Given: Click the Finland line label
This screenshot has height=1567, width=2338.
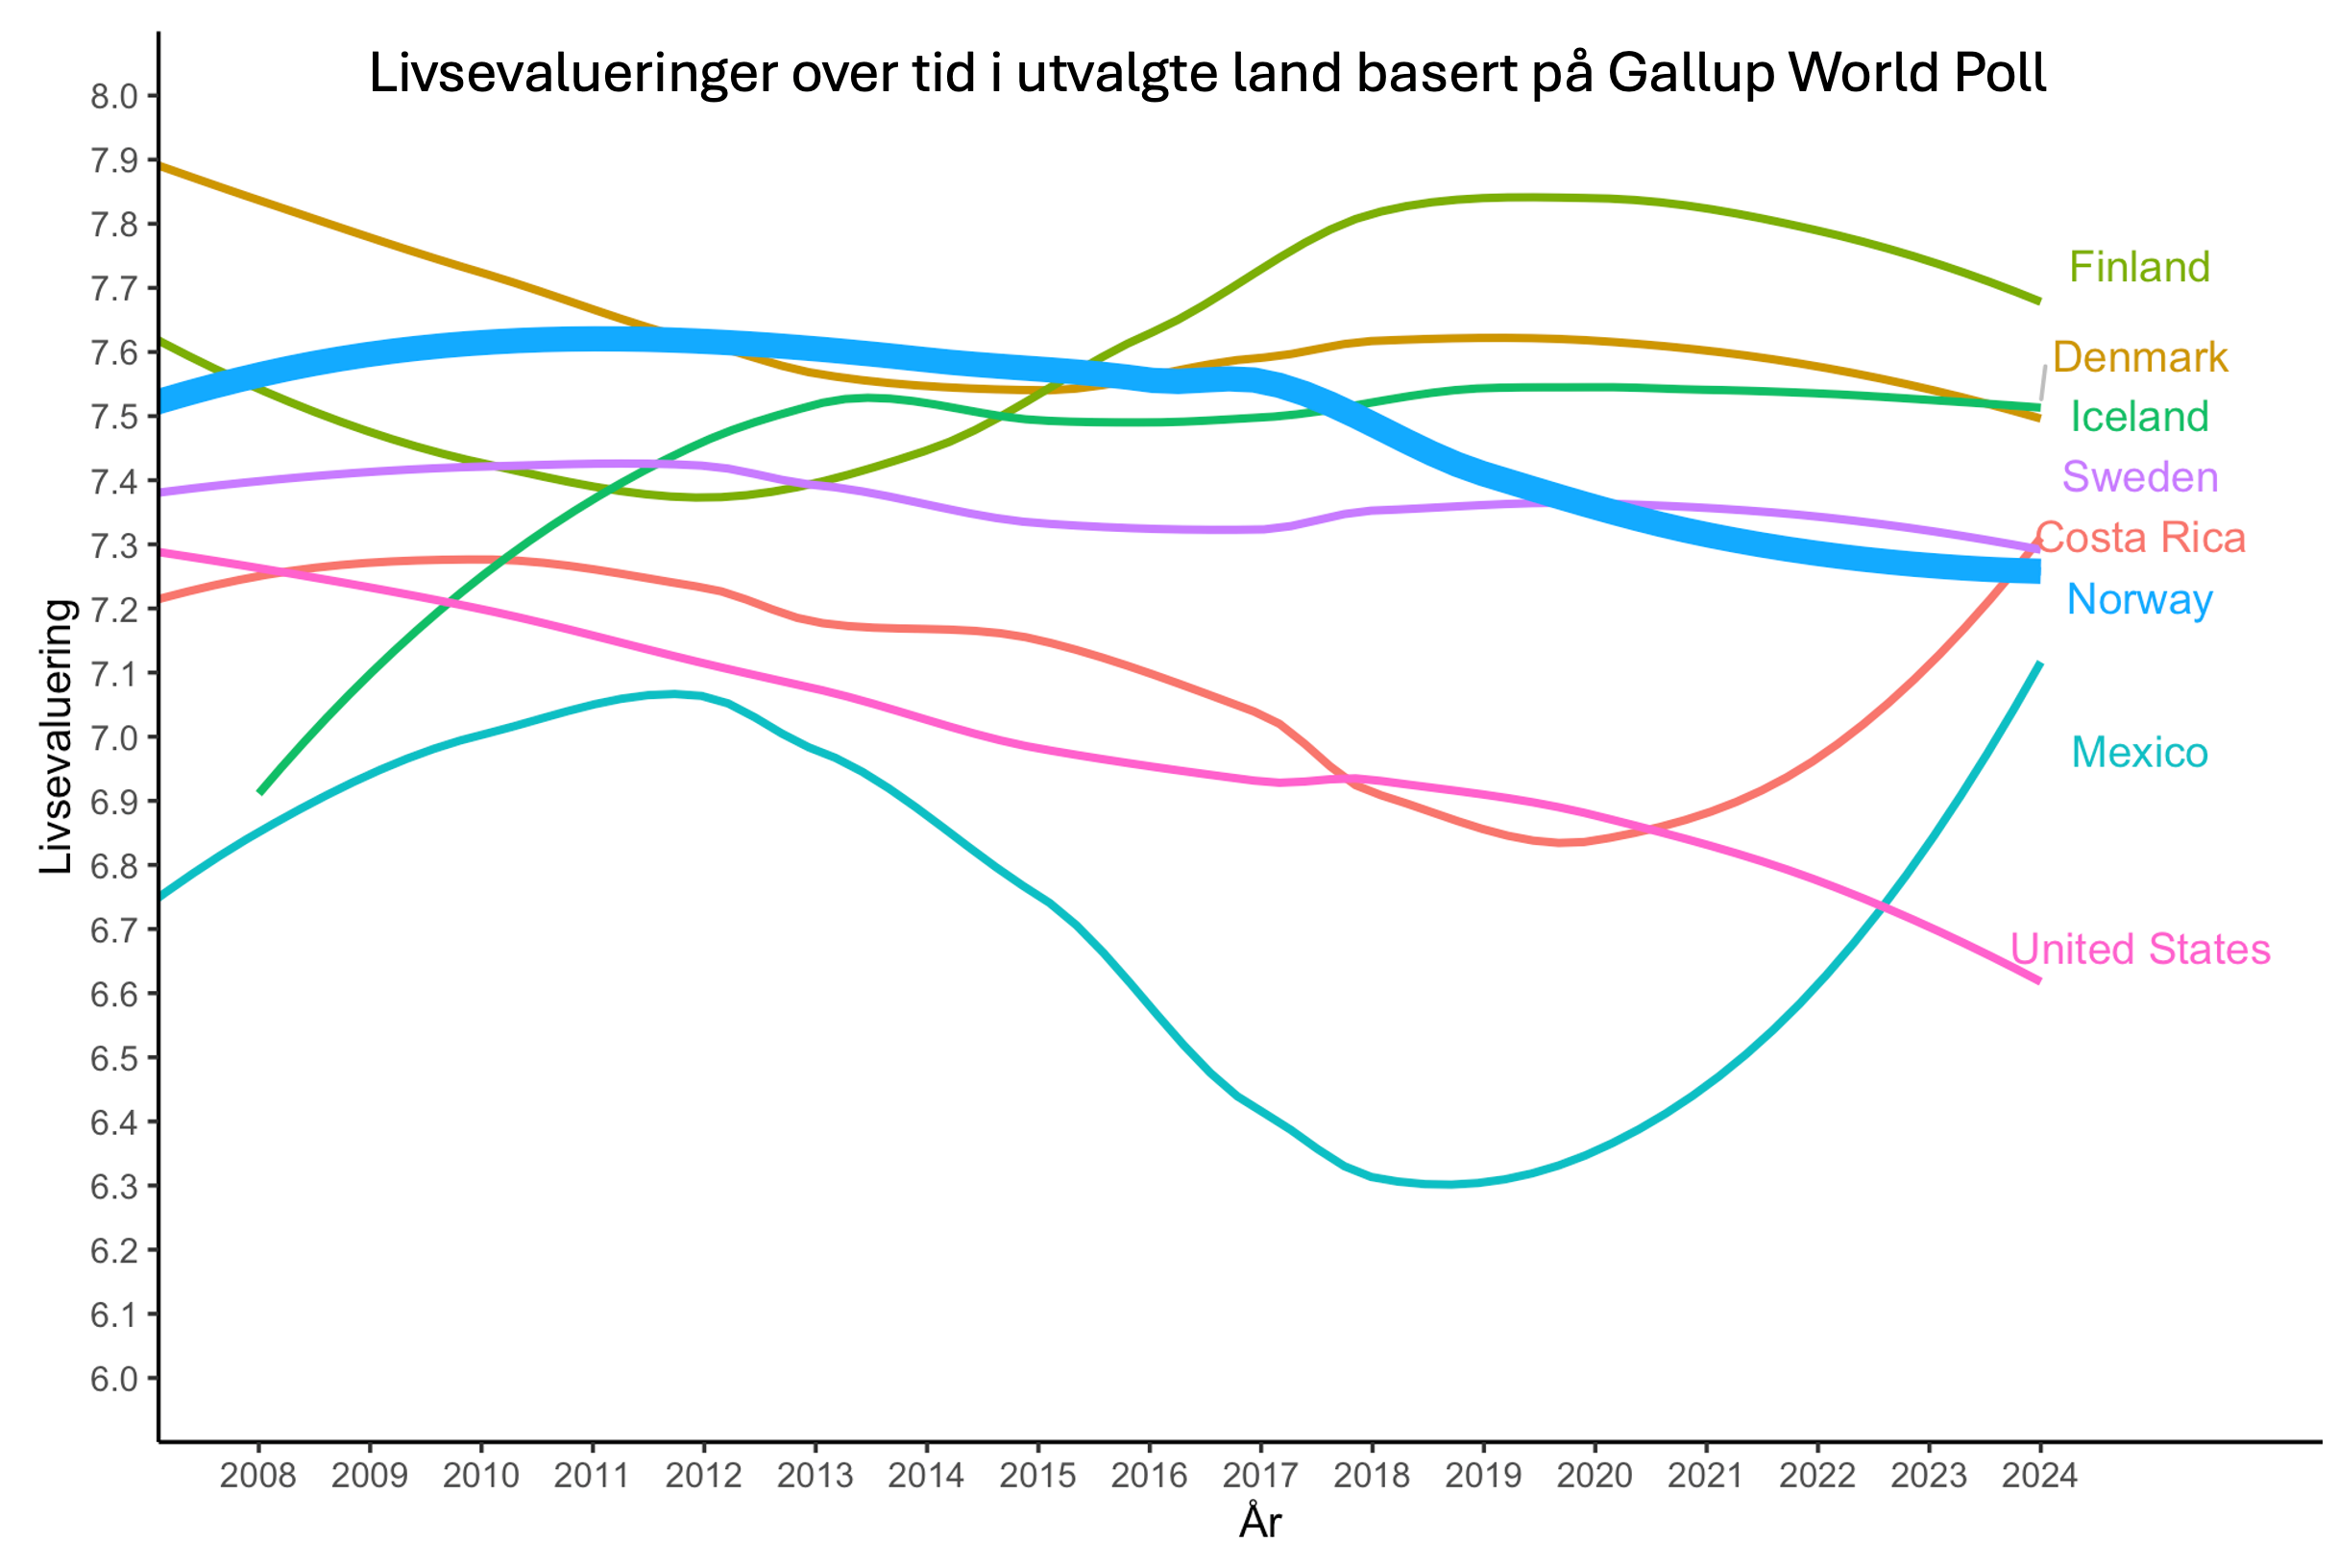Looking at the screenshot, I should [x=2138, y=267].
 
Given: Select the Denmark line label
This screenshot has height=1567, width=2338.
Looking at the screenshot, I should [x=2139, y=357].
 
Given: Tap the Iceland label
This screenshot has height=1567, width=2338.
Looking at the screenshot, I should [x=2138, y=417].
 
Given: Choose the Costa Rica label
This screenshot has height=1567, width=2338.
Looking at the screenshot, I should [x=2140, y=538].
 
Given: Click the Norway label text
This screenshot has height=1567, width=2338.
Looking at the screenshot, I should [x=2139, y=598].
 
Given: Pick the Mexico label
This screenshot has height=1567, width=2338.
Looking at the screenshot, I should [x=2138, y=753].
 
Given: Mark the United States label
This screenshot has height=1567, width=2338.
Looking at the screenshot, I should [x=2139, y=949].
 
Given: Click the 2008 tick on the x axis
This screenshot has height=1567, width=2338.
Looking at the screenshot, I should [x=257, y=1475].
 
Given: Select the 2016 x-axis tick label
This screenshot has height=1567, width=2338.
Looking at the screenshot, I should [x=1149, y=1475].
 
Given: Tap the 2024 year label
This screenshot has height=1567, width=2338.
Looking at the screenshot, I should [x=2039, y=1475].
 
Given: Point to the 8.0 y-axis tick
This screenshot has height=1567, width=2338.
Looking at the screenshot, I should [x=114, y=96].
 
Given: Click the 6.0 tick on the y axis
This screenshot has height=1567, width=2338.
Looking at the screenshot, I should [x=114, y=1379].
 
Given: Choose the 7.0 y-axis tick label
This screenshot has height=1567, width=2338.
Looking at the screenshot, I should [x=114, y=737].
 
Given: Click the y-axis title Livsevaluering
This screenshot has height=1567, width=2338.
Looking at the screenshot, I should [x=57, y=736].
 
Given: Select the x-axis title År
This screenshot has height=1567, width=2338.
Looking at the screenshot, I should [x=1259, y=1522].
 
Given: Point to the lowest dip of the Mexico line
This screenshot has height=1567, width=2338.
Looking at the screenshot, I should [x=1449, y=1184].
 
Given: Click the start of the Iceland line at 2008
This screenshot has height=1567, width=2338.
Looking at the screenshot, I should [x=260, y=792].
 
